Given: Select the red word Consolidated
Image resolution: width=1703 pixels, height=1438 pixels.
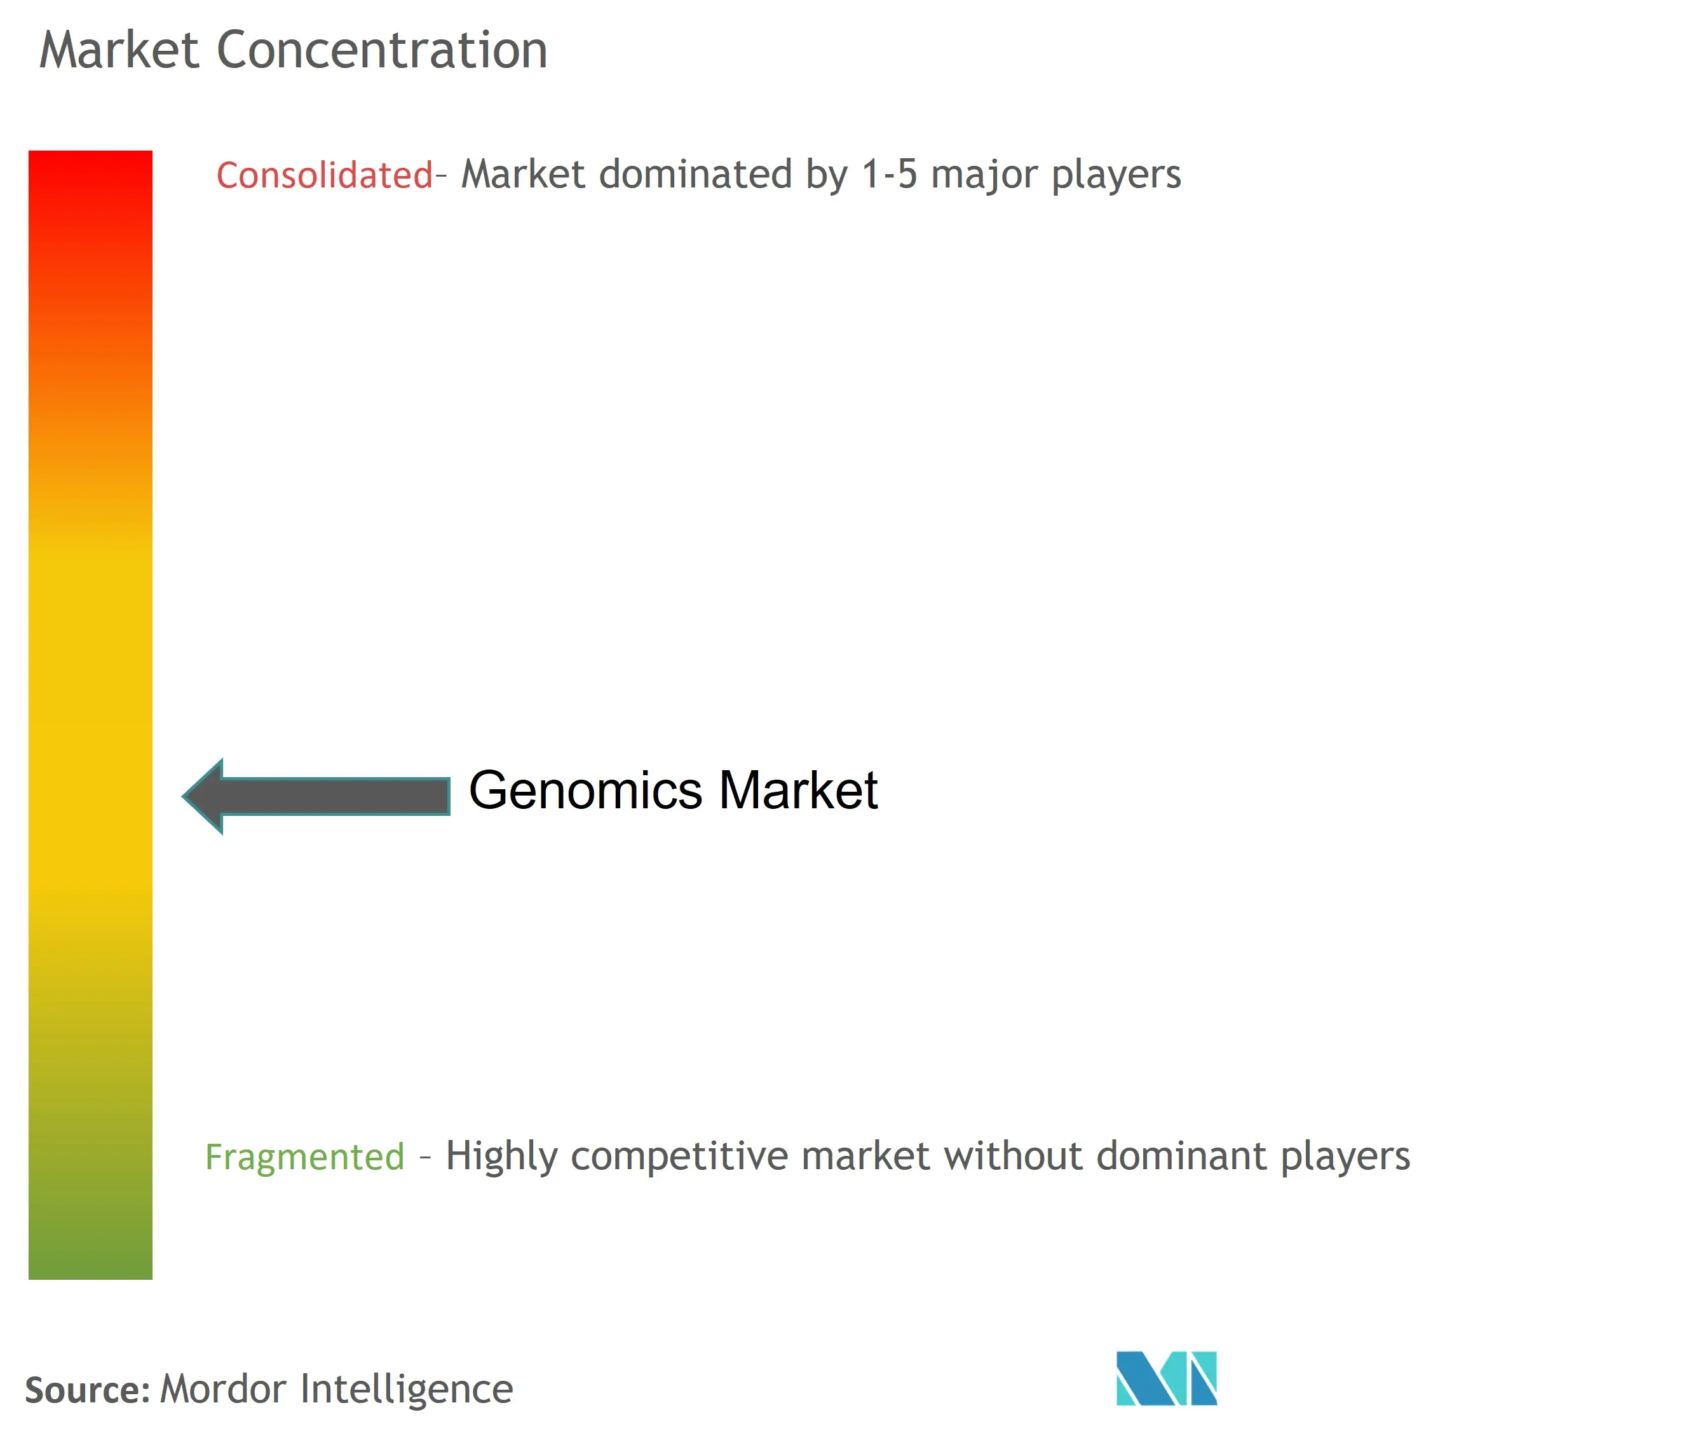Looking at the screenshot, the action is pyautogui.click(x=325, y=175).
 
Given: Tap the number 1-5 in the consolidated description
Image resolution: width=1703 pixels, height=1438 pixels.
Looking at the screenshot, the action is pyautogui.click(x=890, y=175).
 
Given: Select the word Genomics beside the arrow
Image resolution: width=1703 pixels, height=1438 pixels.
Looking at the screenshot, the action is pyautogui.click(x=585, y=790).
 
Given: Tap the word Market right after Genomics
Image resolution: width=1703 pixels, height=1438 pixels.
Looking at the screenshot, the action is pyautogui.click(x=798, y=790).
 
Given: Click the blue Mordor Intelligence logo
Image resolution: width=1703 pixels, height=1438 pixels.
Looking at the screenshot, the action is pyautogui.click(x=1167, y=1378).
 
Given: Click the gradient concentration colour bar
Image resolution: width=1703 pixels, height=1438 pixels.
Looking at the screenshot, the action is pyautogui.click(x=90, y=715).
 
